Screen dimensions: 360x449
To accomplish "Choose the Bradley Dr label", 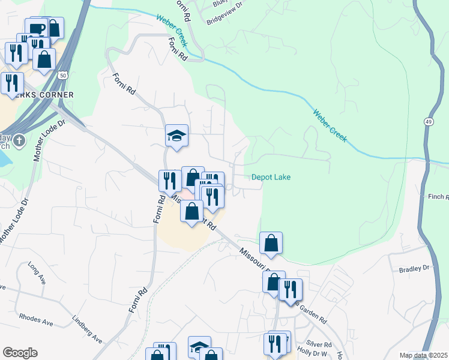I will click(x=415, y=269).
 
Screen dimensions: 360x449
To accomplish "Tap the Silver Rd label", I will click(x=319, y=345).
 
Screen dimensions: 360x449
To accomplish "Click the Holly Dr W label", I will click(x=313, y=355).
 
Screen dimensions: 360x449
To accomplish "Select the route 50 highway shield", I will click(x=62, y=74).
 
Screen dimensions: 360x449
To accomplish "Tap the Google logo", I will click(x=20, y=353).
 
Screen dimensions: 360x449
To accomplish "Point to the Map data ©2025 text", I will click(x=423, y=355).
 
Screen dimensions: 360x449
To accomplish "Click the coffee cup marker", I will click(x=36, y=28).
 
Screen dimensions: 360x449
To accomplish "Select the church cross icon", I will click(x=19, y=141).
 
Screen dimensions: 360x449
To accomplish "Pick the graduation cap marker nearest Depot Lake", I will click(x=177, y=136).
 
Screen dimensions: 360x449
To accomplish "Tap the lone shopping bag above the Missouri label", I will click(x=271, y=243).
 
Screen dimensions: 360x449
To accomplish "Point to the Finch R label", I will click(x=437, y=197).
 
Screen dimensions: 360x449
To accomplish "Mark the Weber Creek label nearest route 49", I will click(x=330, y=124).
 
